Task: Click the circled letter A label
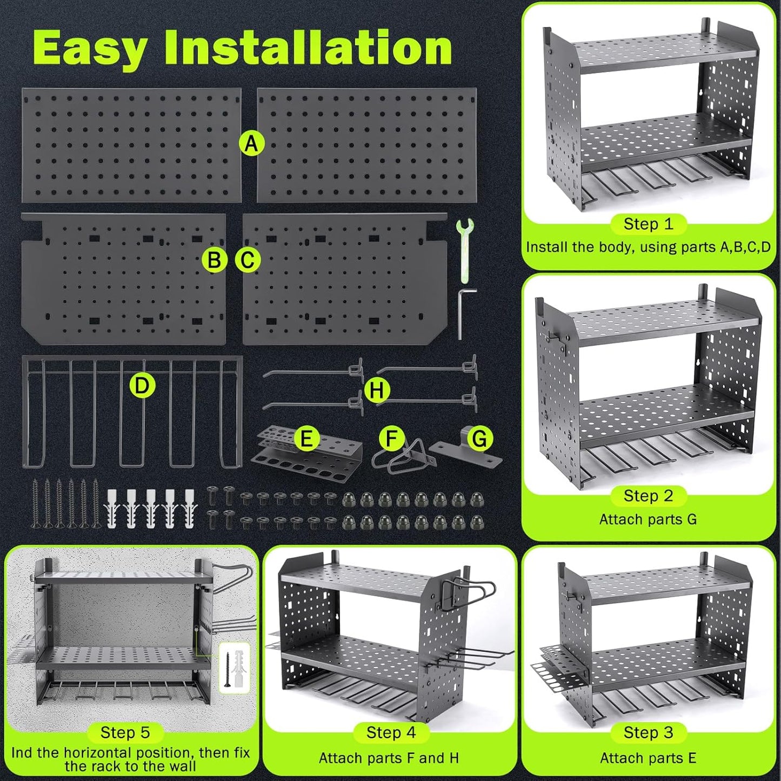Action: pos(251,144)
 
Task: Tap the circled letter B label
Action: pos(215,260)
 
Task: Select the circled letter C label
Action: pos(248,260)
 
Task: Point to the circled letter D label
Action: pos(142,386)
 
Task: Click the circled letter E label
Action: pos(306,438)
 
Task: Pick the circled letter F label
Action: pos(392,438)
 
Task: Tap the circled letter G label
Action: pos(480,438)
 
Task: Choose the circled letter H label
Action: pos(377,390)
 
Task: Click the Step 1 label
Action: pos(648,224)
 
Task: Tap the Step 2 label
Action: pos(648,496)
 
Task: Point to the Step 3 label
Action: pos(648,732)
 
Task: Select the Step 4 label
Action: pos(391,732)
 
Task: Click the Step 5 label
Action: pos(125,732)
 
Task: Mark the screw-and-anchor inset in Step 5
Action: pos(235,667)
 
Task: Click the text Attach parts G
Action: pos(648,519)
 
